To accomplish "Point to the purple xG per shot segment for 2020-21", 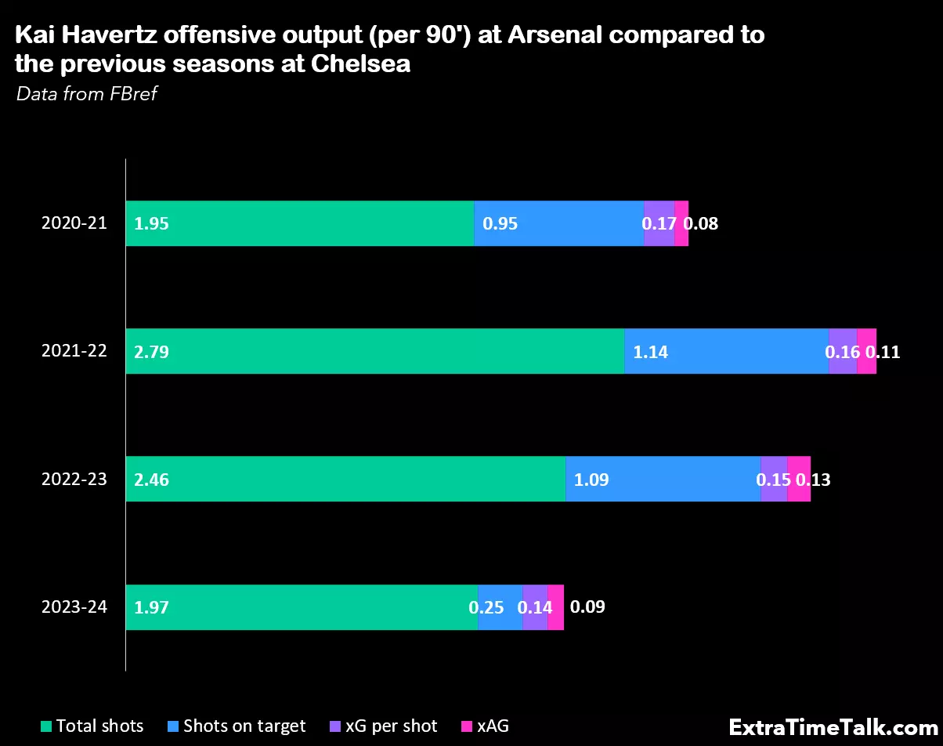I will pyautogui.click(x=659, y=223).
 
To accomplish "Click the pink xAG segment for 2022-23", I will pyautogui.click(x=799, y=479).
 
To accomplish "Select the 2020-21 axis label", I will pyautogui.click(x=74, y=223).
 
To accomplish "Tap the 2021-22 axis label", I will pyautogui.click(x=74, y=351).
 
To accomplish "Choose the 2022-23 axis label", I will pyautogui.click(x=74, y=479).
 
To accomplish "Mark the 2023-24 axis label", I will pyautogui.click(x=74, y=607).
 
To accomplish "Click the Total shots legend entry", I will pyautogui.click(x=92, y=726).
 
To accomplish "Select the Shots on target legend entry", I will pyautogui.click(x=236, y=726).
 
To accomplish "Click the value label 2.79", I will pyautogui.click(x=151, y=352).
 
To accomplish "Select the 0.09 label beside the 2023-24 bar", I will pyautogui.click(x=587, y=607).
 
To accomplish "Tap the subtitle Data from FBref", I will pyautogui.click(x=87, y=94).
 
